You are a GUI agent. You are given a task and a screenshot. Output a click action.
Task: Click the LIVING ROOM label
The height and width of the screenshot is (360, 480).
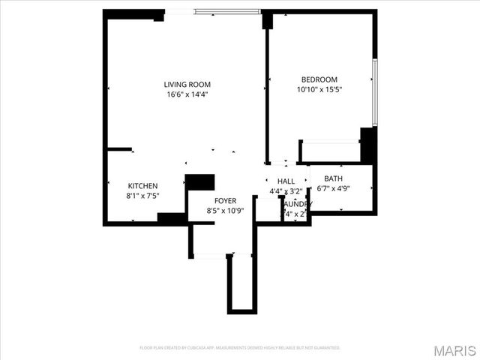187,84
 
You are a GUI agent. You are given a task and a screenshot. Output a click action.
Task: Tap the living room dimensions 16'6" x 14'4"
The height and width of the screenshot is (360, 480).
187,94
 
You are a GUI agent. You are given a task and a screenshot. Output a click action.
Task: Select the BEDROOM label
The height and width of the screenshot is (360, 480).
319,79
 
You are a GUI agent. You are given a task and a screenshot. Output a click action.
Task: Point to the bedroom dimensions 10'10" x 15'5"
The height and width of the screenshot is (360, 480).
319,89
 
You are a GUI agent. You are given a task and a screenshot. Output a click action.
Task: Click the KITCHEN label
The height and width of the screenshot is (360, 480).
142,186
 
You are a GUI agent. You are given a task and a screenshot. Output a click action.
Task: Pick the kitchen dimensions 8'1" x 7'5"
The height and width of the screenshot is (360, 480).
142,196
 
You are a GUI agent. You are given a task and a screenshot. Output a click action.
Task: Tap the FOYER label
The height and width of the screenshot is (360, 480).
225,201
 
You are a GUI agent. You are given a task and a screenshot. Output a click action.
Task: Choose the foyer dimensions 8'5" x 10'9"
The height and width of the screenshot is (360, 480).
225,211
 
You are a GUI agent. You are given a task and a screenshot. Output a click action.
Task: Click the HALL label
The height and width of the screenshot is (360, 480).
286,181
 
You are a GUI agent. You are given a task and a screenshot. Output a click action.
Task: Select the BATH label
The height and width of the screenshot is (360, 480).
334,178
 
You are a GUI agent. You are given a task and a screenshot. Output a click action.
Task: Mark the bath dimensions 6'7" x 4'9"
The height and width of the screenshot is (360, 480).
334,188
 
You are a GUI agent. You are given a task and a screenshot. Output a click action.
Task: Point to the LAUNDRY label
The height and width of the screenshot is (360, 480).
297,203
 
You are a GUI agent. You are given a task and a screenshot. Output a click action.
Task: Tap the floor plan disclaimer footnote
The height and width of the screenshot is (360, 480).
240,348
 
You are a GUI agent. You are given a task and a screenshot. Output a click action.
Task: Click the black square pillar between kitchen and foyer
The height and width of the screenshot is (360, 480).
200,182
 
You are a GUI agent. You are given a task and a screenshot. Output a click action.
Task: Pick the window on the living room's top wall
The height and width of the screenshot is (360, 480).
227,11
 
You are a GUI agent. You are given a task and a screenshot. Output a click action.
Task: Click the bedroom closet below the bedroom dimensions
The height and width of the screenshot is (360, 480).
330,151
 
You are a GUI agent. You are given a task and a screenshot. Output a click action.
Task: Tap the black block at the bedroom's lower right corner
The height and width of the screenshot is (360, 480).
367,145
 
